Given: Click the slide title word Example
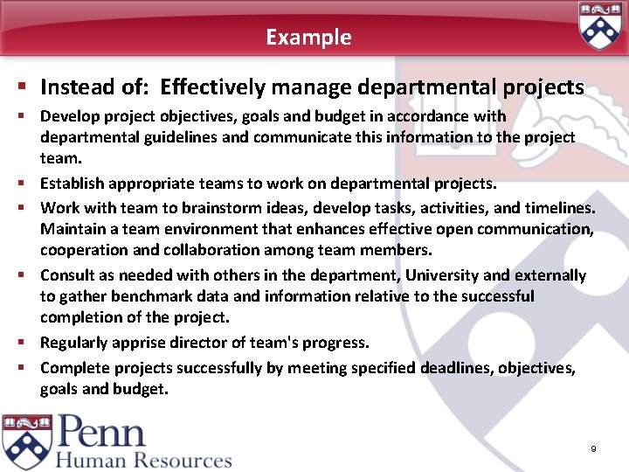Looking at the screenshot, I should coord(308,38).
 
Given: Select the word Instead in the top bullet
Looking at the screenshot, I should coord(76,87).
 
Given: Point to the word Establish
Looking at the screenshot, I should coord(73,184).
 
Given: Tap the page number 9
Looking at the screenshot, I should coord(593,448).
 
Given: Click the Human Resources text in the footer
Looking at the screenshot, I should coord(145,460).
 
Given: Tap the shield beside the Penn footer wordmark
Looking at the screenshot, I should coord(26,441).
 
